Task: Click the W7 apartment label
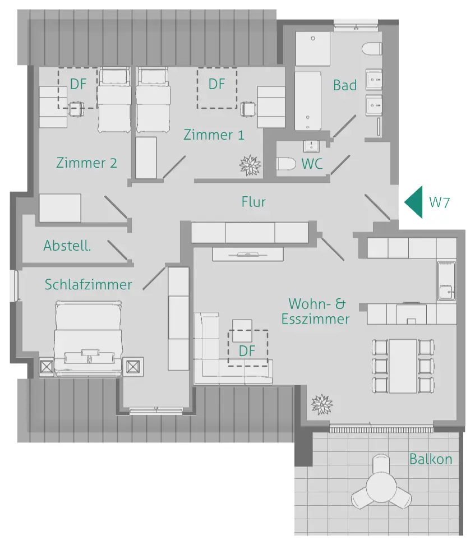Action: (x=439, y=202)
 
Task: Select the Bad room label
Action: (x=345, y=85)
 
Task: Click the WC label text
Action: (x=312, y=164)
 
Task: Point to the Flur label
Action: (x=253, y=202)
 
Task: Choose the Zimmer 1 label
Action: (x=214, y=135)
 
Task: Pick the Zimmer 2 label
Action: (x=86, y=163)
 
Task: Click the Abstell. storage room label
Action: (x=67, y=246)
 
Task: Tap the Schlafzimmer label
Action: (x=89, y=284)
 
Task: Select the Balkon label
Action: (x=431, y=459)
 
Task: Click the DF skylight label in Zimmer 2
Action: (x=79, y=84)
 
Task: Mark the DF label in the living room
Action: (x=247, y=351)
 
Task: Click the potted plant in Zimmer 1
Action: (x=250, y=165)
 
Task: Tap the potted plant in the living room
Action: (x=322, y=403)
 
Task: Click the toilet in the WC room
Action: (x=286, y=164)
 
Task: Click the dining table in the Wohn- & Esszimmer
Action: (x=403, y=366)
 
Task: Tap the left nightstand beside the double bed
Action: (x=47, y=367)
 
